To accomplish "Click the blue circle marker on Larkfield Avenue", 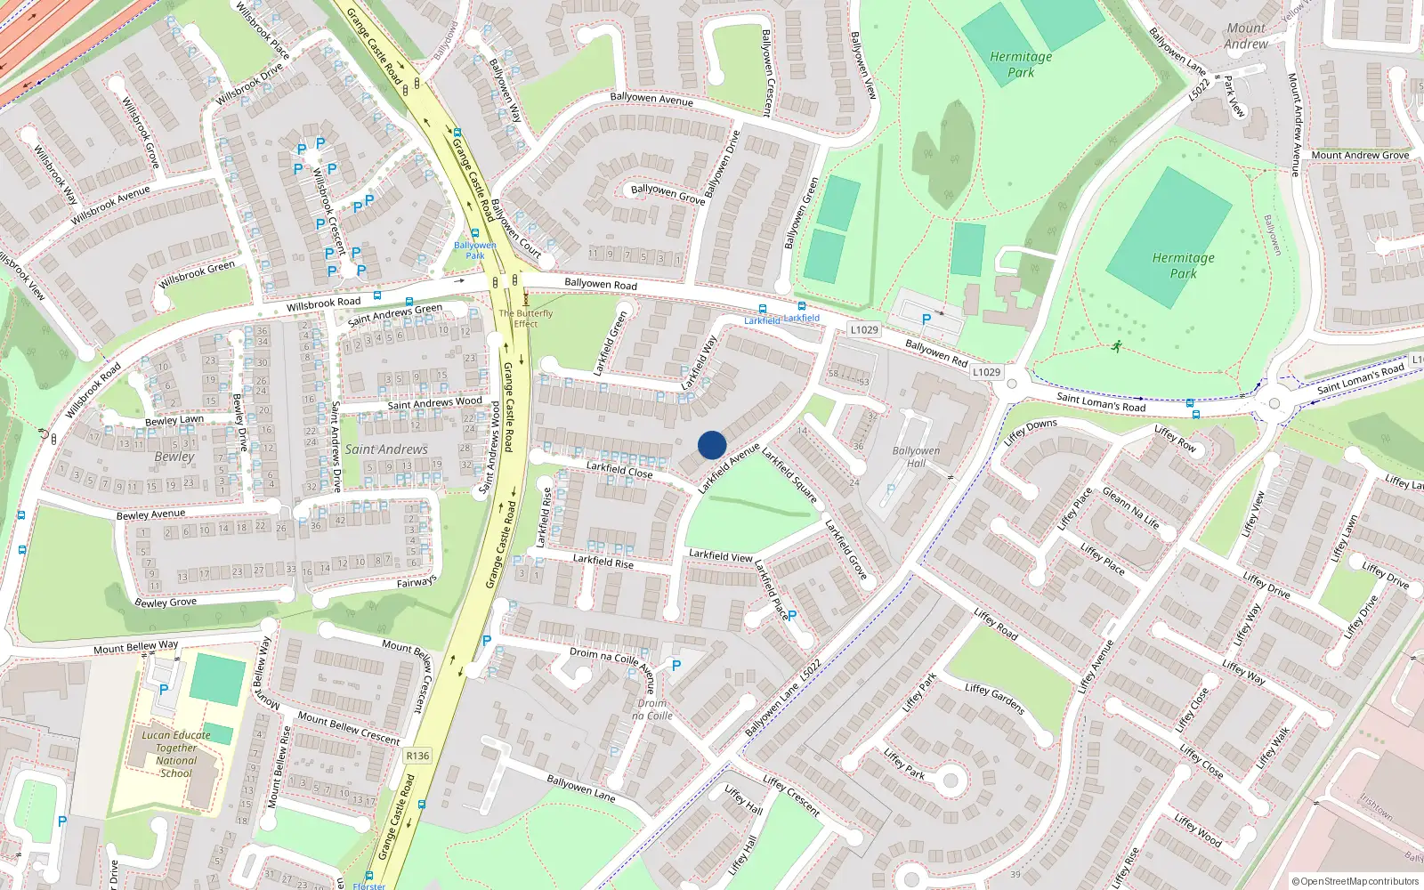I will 712,445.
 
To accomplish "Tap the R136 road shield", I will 417,756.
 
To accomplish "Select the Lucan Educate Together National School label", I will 176,754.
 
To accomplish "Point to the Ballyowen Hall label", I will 916,457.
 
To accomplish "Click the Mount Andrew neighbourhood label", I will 1246,36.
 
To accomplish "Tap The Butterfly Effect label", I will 525,319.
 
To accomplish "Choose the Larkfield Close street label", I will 619,469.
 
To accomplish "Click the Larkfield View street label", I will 720,555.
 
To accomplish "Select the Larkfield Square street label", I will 789,476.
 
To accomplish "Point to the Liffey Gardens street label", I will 995,699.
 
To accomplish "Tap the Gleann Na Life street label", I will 1130,508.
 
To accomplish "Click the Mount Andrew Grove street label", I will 1360,155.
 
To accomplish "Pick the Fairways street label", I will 417,582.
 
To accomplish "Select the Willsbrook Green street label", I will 198,274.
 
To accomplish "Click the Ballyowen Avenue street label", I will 651,99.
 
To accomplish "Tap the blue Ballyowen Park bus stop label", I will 475,250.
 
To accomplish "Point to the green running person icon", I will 1116,346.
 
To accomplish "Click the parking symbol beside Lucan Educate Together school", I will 164,689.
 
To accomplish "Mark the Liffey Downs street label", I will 1031,431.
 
